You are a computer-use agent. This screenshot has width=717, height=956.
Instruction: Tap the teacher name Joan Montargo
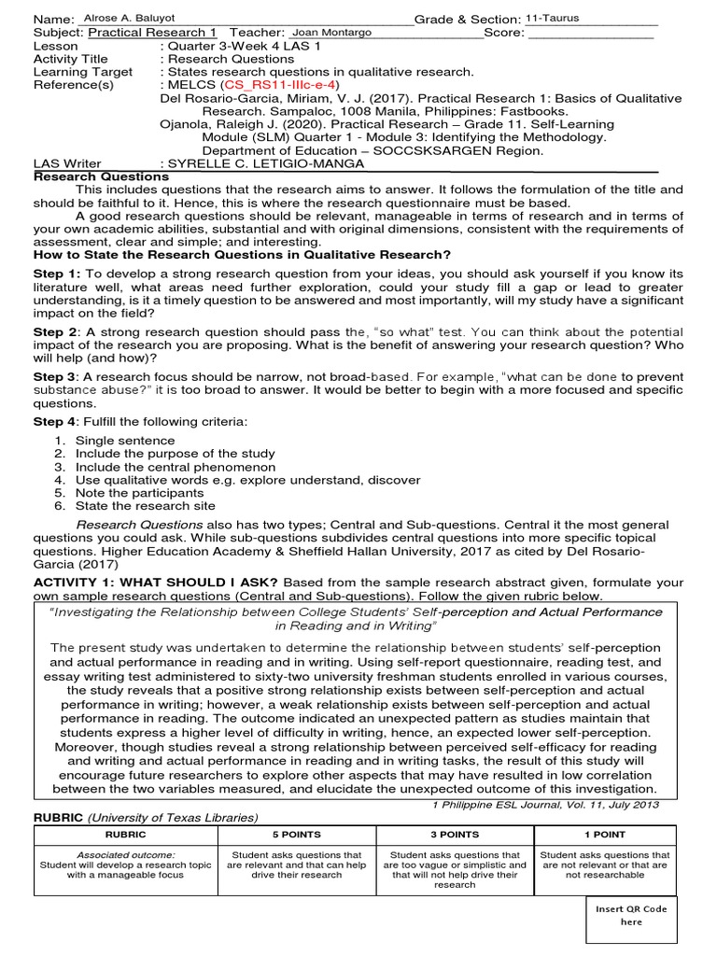point(332,32)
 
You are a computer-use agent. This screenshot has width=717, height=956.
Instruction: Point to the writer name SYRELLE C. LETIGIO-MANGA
point(265,163)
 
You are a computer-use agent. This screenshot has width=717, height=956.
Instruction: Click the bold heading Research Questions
point(102,176)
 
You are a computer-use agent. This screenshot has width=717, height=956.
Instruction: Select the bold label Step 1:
point(58,274)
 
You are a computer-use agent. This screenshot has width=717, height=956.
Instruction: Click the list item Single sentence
point(125,441)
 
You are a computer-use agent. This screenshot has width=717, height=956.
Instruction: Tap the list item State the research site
point(145,506)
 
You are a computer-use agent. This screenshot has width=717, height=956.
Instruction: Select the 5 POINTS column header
point(296,835)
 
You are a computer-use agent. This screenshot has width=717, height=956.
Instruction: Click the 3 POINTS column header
point(456,835)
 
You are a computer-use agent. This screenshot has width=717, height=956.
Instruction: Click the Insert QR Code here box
point(631,915)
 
